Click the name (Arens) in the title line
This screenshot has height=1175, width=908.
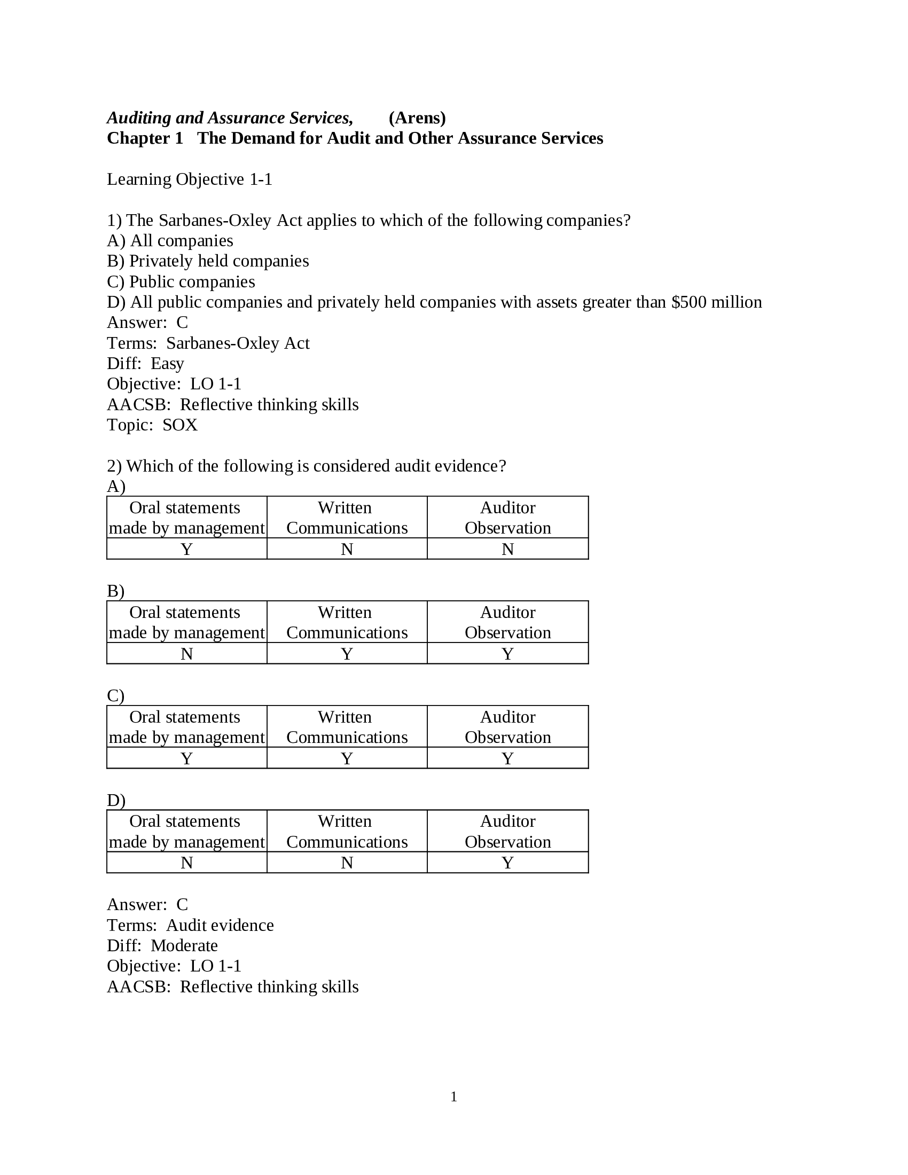click(417, 118)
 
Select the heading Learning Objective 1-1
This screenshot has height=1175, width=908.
click(190, 179)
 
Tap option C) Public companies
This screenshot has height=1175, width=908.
click(181, 281)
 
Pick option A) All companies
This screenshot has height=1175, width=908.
click(170, 240)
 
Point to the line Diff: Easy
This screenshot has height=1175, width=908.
click(145, 364)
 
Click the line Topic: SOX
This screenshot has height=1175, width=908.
click(152, 425)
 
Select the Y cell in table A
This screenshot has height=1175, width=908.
click(186, 549)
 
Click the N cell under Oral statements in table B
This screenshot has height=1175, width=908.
click(186, 654)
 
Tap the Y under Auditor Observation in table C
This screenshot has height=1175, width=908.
click(507, 758)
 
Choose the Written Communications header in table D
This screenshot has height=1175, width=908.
click(347, 831)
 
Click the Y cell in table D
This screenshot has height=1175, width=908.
click(507, 863)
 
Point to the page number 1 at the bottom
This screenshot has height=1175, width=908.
click(453, 1096)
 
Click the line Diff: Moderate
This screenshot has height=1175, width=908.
click(162, 945)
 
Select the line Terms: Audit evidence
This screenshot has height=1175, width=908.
click(190, 925)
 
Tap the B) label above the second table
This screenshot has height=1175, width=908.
click(116, 591)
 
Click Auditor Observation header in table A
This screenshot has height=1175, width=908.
click(507, 518)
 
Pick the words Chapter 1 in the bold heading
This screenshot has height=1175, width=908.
click(145, 138)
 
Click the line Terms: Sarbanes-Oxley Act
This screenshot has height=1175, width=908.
click(208, 343)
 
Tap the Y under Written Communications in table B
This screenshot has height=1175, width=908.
click(347, 654)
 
